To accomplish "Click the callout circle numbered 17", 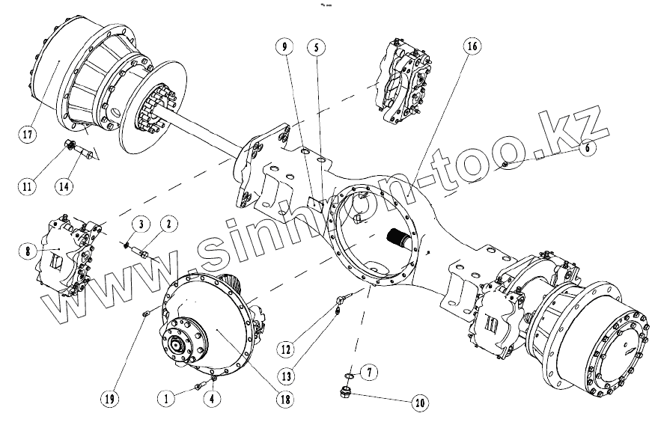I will click(x=28, y=135).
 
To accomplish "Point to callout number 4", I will click(x=214, y=400).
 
